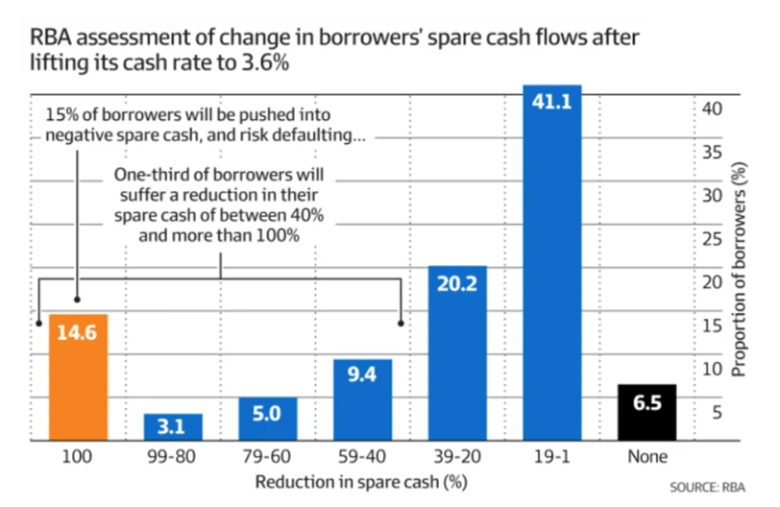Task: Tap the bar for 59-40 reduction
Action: pyautogui.click(x=363, y=399)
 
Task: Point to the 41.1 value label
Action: pyautogui.click(x=552, y=99)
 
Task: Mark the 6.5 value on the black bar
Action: pyautogui.click(x=647, y=403)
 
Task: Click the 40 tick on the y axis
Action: pyautogui.click(x=710, y=109)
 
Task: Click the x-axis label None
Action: pyautogui.click(x=647, y=457)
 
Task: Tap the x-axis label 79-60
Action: pyautogui.click(x=268, y=457)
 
